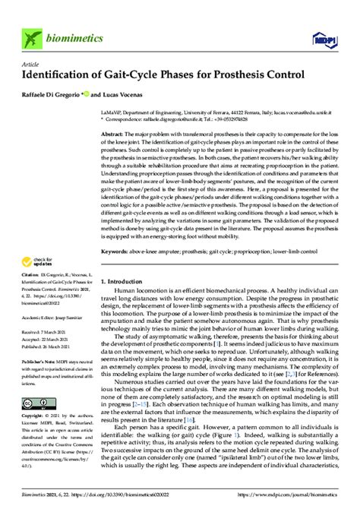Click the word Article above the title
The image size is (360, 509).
click(30, 65)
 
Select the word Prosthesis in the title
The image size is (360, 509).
click(239, 75)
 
